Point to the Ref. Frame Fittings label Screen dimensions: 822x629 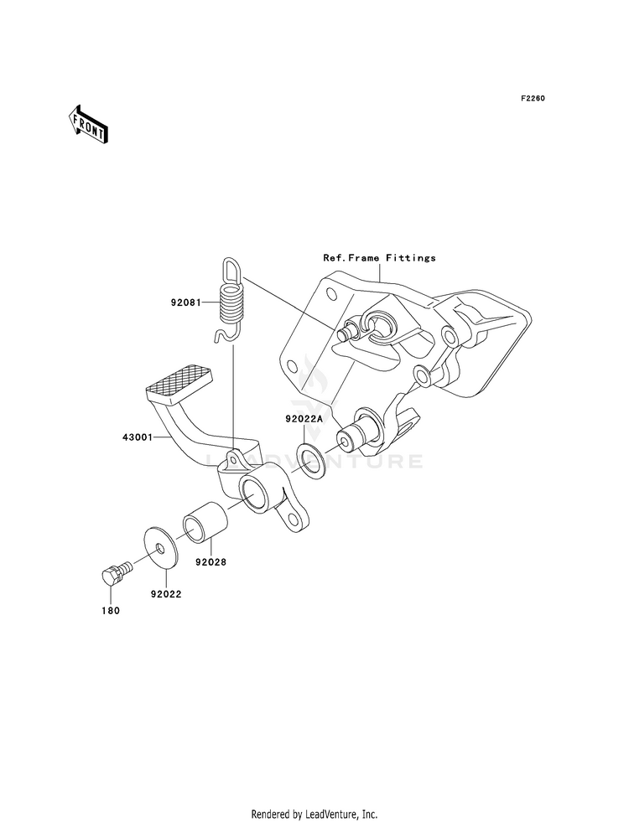coord(381,258)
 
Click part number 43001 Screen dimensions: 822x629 coord(137,437)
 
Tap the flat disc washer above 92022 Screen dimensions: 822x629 coord(159,548)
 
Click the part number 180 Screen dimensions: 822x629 coord(111,611)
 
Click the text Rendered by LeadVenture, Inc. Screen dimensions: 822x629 coord(314,814)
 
